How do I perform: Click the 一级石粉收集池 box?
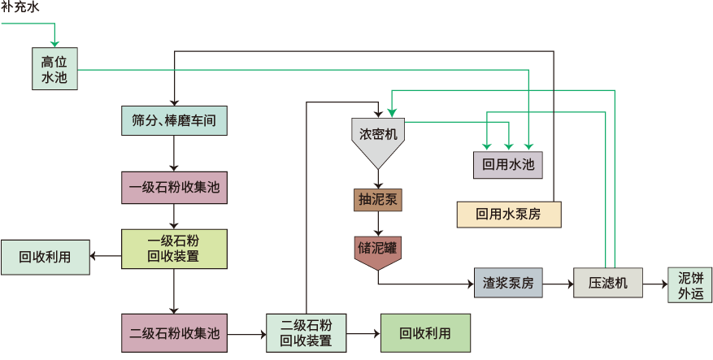click(x=173, y=188)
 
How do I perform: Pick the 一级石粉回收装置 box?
click(x=173, y=249)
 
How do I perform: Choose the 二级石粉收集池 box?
click(x=174, y=332)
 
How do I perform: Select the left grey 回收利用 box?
click(x=45, y=257)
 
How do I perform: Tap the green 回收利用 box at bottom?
click(x=424, y=332)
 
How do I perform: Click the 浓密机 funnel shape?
click(x=378, y=138)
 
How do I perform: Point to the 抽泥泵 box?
click(x=378, y=200)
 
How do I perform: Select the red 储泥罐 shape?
click(x=378, y=249)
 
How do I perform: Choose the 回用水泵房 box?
click(x=508, y=214)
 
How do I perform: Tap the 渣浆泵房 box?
click(x=508, y=284)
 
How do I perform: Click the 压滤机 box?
click(x=608, y=284)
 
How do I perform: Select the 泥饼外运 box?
click(x=689, y=284)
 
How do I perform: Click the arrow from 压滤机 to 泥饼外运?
click(x=654, y=284)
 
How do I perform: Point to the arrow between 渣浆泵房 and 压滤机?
click(x=558, y=284)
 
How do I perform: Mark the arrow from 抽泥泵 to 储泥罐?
click(x=378, y=223)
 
